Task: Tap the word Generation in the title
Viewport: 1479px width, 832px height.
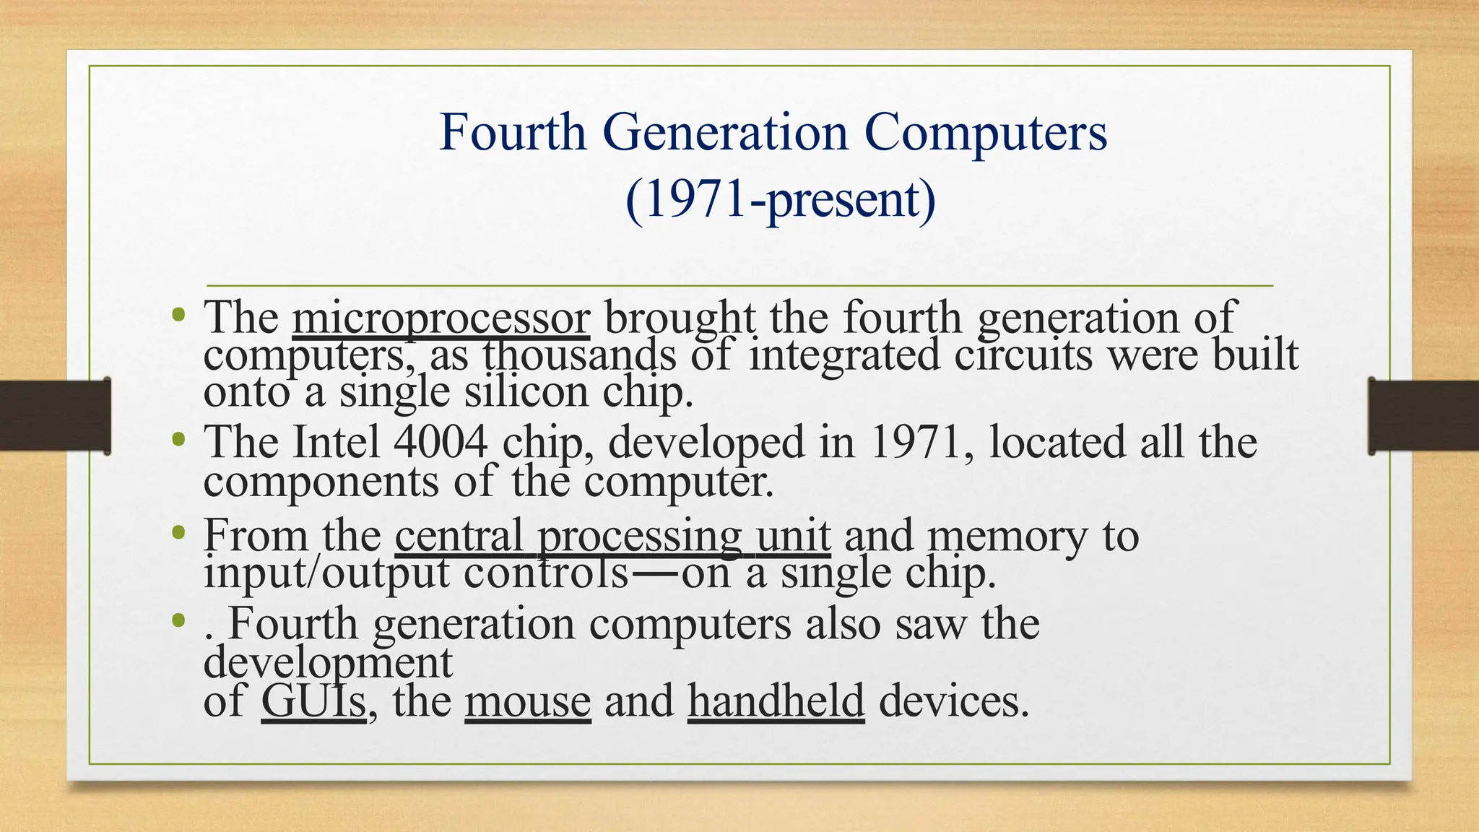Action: pos(725,132)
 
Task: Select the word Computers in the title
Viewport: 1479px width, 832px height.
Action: pos(985,132)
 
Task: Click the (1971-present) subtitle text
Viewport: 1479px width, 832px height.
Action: pos(780,199)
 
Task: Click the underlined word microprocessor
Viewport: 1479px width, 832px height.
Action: pos(441,318)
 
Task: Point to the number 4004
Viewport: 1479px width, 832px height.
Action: pos(441,442)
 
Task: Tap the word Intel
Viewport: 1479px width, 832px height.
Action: pos(336,442)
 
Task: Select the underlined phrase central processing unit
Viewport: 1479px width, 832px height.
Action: pos(612,536)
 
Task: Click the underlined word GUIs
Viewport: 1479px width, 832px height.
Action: pos(313,701)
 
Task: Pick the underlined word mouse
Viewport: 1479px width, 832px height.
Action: pos(528,701)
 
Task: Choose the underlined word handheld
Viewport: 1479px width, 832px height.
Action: pos(776,701)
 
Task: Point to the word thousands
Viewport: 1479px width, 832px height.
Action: pos(580,355)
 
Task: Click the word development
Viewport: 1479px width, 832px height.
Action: pos(328,662)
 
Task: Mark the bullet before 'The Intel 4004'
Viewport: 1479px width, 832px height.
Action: pos(178,439)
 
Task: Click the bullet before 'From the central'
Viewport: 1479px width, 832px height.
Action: pos(178,533)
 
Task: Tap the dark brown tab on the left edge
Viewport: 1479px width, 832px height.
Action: pos(55,416)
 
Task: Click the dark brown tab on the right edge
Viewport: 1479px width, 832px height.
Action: pos(1423,416)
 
